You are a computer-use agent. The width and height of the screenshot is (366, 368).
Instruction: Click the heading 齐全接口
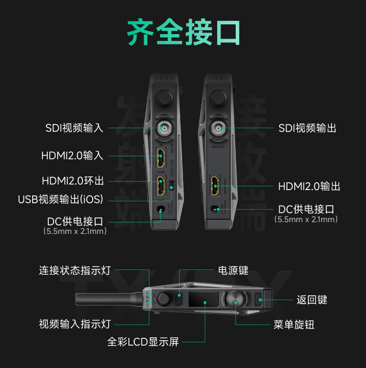click(x=183, y=33)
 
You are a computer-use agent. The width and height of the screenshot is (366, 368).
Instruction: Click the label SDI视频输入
click(x=74, y=128)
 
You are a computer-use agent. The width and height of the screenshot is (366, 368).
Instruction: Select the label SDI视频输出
click(x=307, y=128)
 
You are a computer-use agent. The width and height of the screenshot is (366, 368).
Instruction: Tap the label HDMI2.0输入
click(x=72, y=156)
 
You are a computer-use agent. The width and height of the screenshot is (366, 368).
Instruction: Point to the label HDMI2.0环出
click(x=73, y=181)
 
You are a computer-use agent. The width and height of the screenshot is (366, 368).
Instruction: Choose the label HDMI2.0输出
click(x=309, y=186)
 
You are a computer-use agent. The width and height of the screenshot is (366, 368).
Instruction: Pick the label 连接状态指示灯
click(x=75, y=271)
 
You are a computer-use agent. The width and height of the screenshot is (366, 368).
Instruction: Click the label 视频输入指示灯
click(x=75, y=324)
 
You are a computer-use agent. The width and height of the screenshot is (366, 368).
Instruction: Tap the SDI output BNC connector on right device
click(x=217, y=129)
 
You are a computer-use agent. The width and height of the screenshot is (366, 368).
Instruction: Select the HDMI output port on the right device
click(x=214, y=185)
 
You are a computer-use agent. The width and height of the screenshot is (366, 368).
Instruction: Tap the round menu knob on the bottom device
click(x=235, y=298)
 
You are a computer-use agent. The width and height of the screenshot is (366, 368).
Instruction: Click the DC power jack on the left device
click(x=160, y=211)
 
